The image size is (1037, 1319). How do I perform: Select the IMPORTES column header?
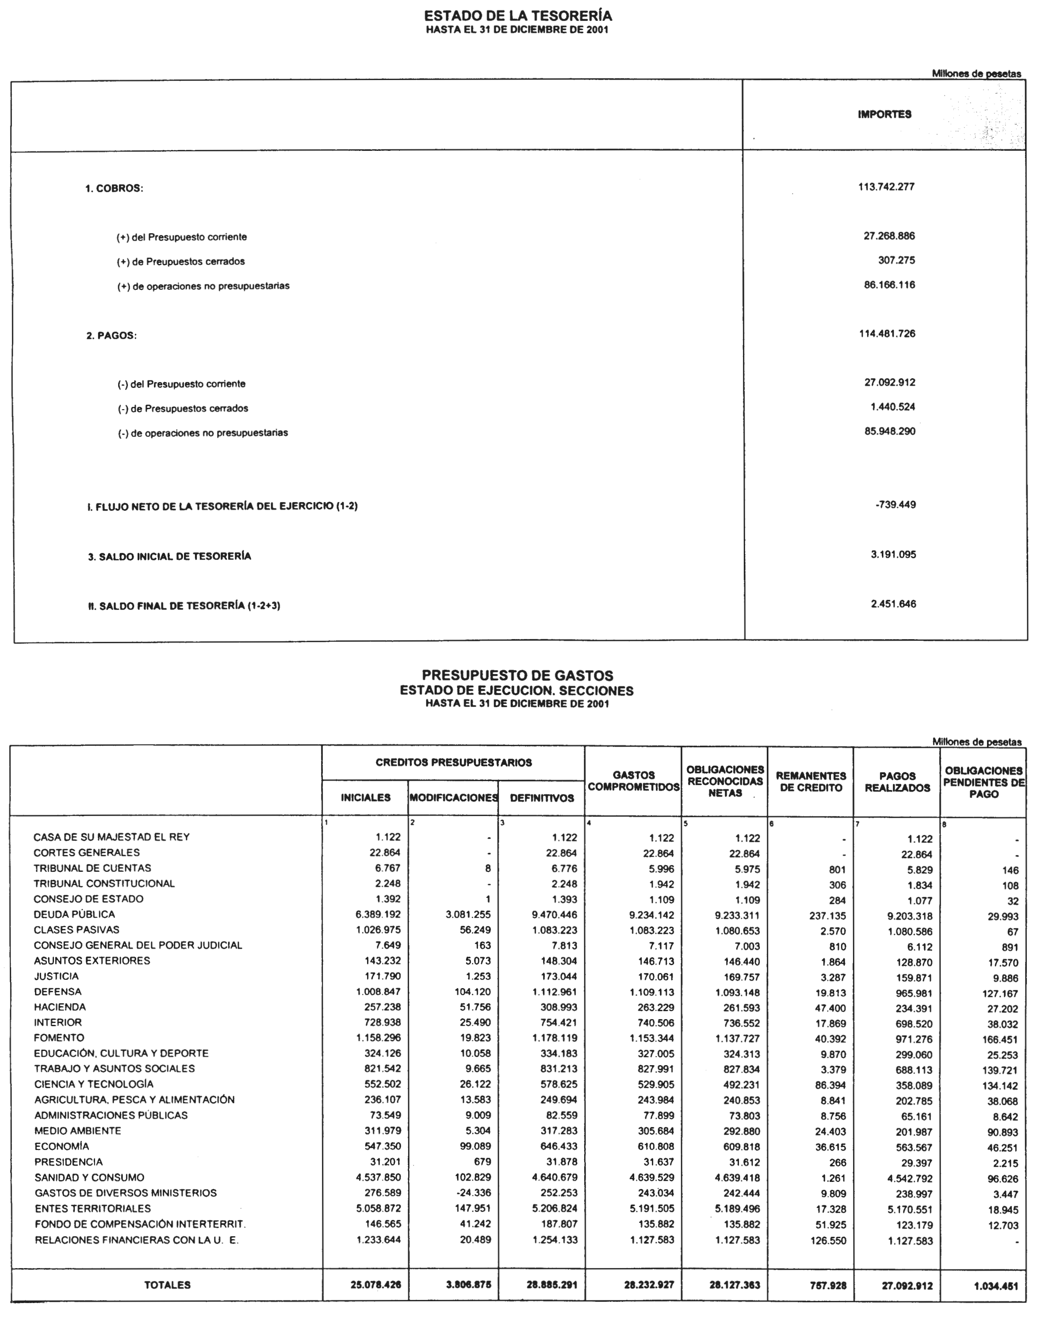[x=884, y=115]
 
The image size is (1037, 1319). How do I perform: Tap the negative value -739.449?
[x=895, y=505]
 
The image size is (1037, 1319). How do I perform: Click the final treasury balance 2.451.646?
[x=893, y=604]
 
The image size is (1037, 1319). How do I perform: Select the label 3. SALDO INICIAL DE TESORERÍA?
[x=169, y=556]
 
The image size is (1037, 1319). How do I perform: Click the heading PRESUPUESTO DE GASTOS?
[x=517, y=675]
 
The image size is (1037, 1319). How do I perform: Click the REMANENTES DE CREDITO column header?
[x=811, y=782]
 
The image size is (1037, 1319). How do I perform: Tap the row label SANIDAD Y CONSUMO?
[x=89, y=1177]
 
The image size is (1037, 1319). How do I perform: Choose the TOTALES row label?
[x=167, y=1285]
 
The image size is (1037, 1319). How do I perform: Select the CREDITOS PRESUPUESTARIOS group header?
[x=454, y=763]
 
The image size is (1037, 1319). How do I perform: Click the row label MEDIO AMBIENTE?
[x=78, y=1131]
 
